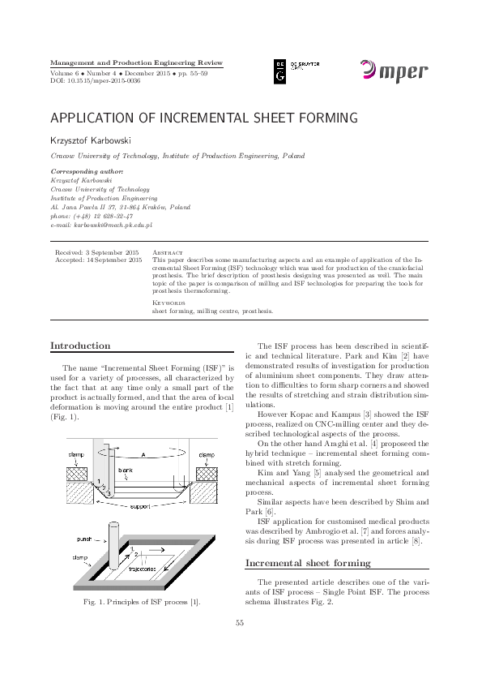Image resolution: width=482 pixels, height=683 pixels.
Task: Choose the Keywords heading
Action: (169, 302)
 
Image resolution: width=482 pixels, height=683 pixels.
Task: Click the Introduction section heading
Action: (80, 346)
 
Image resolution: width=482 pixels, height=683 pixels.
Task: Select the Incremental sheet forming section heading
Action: (308, 562)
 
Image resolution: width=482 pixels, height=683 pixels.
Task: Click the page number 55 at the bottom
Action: (240, 646)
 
